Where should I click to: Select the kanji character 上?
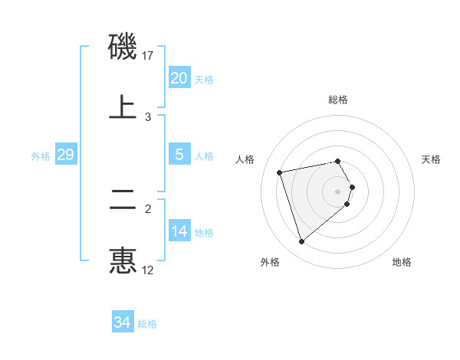123,106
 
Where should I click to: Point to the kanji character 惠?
123,260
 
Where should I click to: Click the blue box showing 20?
179,78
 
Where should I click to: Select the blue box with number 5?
179,155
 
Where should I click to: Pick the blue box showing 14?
179,231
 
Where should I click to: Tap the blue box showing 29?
65,155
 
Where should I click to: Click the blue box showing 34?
122,323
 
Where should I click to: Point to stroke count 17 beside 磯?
149,56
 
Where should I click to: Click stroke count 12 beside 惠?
148,270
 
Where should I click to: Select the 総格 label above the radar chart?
338,100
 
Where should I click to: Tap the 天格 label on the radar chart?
432,159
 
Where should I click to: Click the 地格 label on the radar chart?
402,263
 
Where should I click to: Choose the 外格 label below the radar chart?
270,263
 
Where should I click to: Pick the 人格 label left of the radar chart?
245,159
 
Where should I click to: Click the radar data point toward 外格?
301,242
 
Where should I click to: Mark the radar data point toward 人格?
280,172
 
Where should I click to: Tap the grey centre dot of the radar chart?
338,191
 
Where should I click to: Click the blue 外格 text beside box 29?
41,155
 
